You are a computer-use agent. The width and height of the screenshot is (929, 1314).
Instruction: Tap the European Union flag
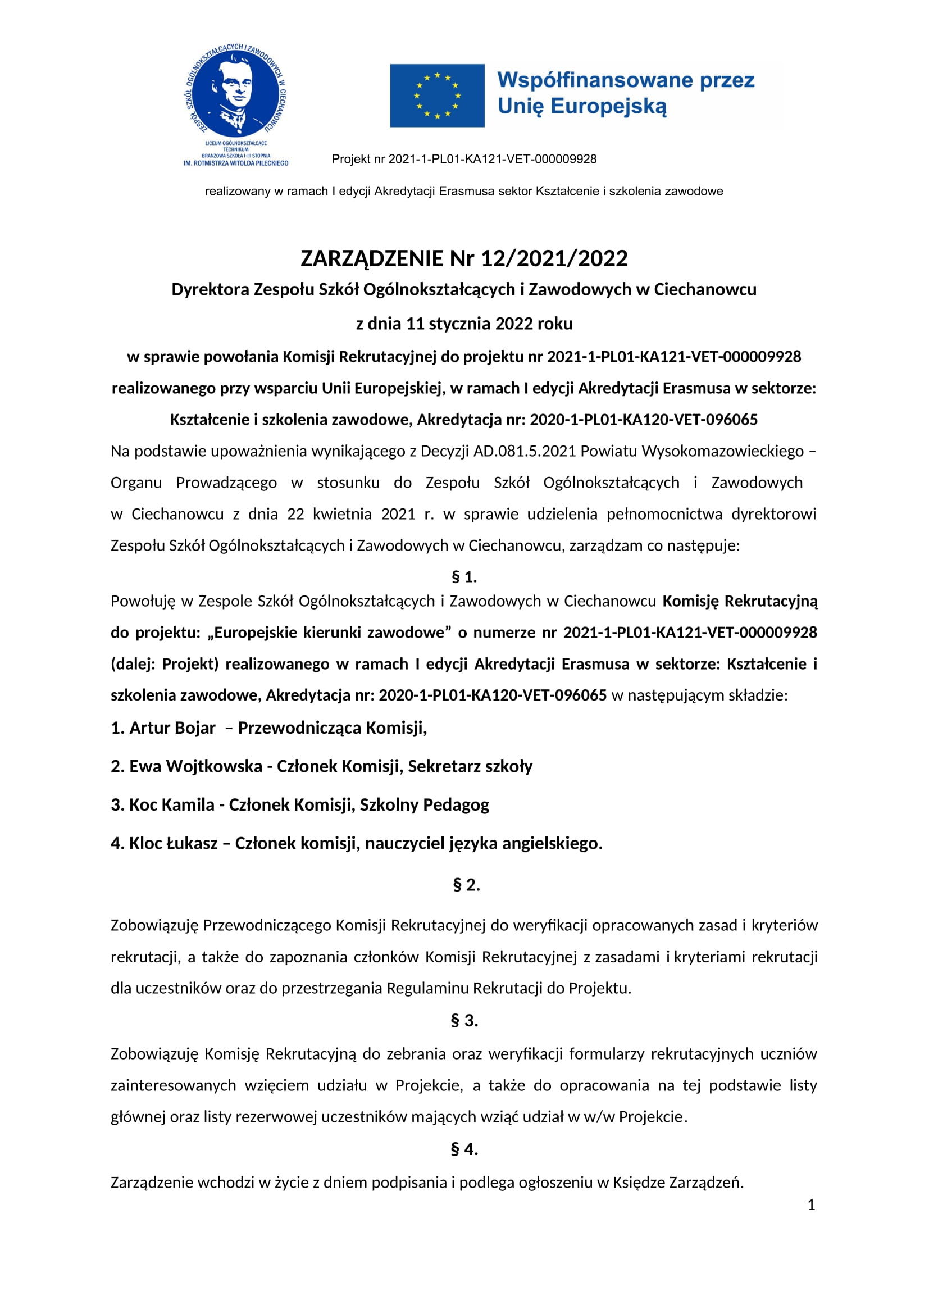[x=437, y=96]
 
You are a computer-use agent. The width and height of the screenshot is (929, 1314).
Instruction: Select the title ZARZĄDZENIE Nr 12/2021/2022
[x=464, y=258]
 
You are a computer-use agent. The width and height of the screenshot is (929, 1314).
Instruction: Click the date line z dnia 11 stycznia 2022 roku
[x=464, y=324]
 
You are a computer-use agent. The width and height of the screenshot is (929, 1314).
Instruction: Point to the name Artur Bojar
[x=172, y=728]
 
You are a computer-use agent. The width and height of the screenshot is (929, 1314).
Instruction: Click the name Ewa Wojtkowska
[x=195, y=766]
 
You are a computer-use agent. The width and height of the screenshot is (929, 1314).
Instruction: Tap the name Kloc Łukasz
[x=174, y=843]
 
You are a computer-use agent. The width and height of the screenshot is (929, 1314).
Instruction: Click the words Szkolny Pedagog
[x=425, y=804]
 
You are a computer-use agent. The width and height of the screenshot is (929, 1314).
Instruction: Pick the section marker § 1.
[x=464, y=577]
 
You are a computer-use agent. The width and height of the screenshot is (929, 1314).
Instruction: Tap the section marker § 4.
[x=464, y=1149]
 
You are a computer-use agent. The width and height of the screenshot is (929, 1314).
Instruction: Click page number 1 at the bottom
[x=810, y=1205]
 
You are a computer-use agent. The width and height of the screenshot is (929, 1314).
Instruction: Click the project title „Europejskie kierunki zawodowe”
[x=330, y=633]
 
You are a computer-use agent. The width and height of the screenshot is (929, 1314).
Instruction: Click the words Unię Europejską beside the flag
[x=582, y=106]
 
